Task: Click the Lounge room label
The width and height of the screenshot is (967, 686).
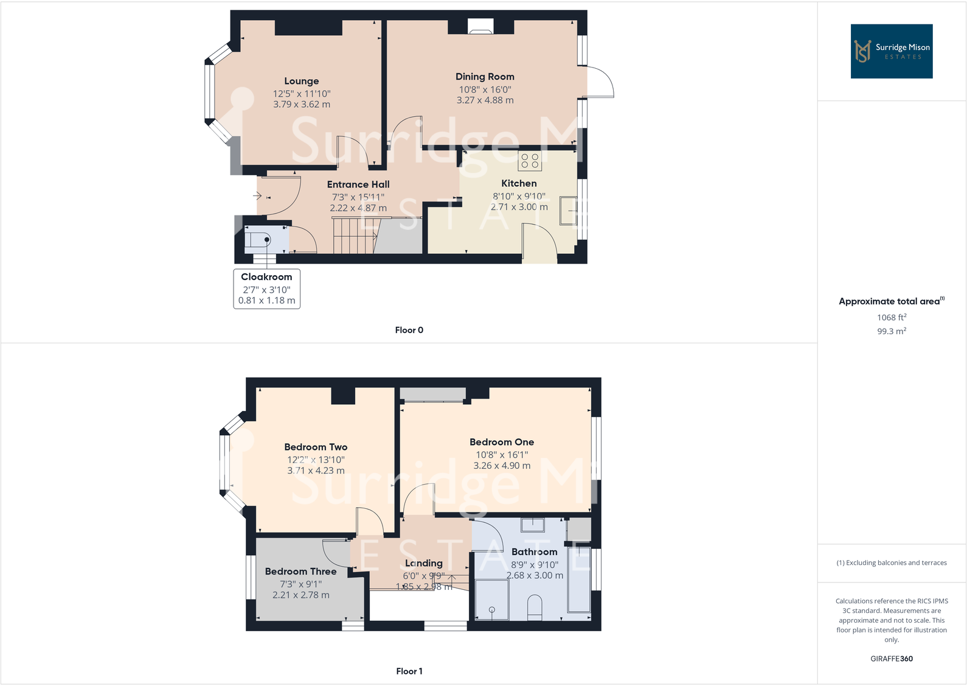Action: (x=301, y=81)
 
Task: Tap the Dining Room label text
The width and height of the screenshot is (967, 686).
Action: (x=485, y=77)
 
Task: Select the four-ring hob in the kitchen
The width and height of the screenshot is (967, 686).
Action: (x=530, y=161)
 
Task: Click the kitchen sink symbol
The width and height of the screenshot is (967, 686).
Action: (x=568, y=211)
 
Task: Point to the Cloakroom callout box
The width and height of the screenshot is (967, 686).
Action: (x=266, y=289)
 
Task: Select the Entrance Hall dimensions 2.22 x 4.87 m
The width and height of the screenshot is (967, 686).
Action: (x=358, y=208)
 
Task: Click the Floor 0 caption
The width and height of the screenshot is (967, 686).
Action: (x=409, y=330)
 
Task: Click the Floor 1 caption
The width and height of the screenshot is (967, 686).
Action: (x=409, y=671)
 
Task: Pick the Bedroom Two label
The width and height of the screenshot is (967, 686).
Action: (x=316, y=447)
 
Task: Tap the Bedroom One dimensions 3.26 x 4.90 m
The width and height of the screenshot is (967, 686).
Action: (x=502, y=466)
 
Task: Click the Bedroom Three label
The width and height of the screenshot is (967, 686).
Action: (x=300, y=571)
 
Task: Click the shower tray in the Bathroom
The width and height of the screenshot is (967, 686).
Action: (x=491, y=600)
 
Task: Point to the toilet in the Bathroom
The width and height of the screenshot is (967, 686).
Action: (x=535, y=607)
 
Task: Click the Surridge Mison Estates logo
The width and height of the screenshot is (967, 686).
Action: (x=891, y=51)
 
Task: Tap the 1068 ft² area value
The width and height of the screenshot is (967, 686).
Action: (x=891, y=317)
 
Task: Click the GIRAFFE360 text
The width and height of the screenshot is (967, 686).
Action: (x=891, y=659)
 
